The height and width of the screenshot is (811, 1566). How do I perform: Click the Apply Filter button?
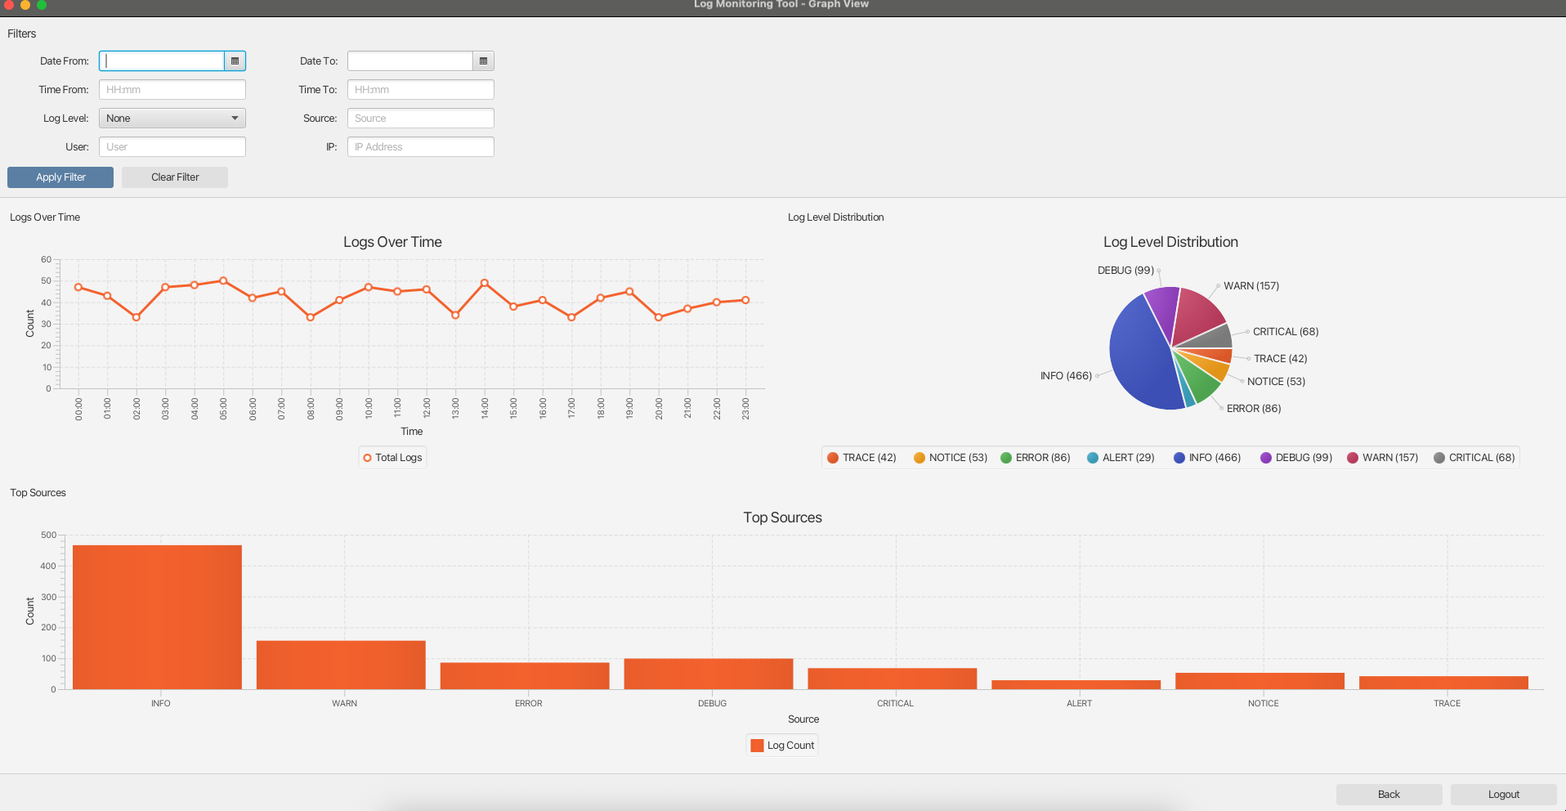click(60, 177)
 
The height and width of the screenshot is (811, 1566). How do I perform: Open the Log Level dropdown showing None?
click(172, 119)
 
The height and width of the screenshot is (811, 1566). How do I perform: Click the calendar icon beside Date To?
click(483, 61)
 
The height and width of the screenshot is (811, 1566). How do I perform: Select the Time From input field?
click(172, 90)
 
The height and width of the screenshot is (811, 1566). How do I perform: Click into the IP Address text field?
click(420, 147)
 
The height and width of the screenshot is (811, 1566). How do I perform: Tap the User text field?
click(172, 147)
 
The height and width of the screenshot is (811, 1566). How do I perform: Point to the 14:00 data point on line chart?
click(485, 283)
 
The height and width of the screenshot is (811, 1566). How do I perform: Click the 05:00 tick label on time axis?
click(223, 409)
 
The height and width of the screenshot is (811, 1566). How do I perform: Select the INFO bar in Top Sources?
click(157, 617)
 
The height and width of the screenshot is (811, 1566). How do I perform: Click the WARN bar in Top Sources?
click(341, 665)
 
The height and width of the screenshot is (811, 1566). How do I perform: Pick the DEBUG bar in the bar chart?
click(708, 674)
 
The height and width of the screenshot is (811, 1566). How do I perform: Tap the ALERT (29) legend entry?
click(1121, 458)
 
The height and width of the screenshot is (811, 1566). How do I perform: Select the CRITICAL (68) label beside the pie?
click(1285, 332)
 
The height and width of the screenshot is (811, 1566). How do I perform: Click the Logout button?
click(1503, 795)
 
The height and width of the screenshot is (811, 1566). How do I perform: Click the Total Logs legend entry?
click(393, 458)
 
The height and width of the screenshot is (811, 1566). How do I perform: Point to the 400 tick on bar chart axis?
click(48, 566)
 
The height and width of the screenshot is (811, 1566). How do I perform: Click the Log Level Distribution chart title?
click(1170, 242)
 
